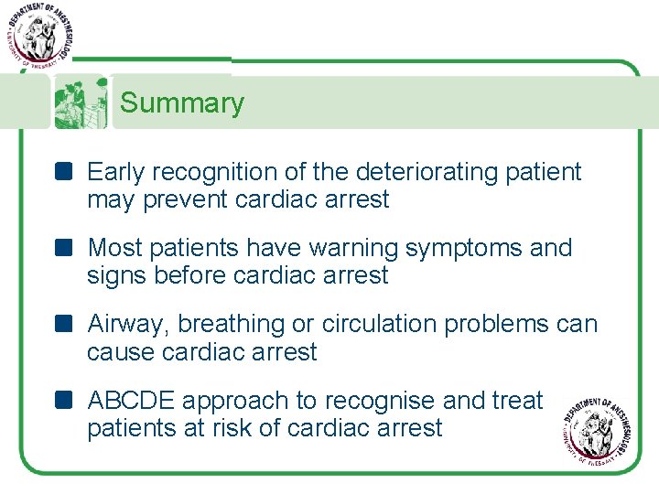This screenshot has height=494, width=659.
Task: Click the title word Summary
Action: [x=182, y=103]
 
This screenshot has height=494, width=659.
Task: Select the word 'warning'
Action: [x=356, y=248]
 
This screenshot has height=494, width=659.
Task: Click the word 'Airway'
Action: [x=128, y=324]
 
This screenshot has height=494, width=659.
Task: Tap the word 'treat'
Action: [x=518, y=401]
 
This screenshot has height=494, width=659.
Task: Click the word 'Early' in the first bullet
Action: [x=118, y=172]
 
